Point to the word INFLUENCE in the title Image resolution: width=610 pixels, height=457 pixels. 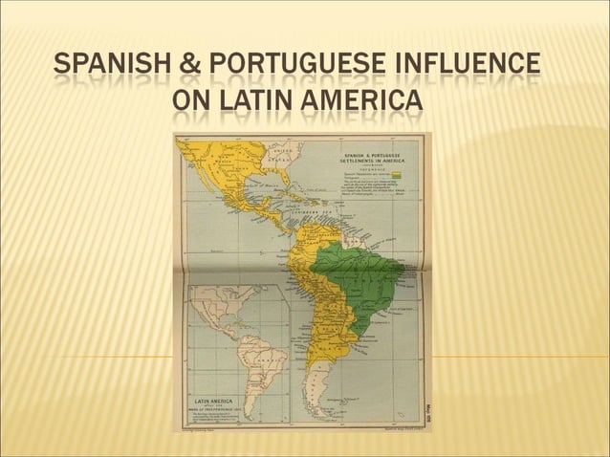[x=484, y=66]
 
